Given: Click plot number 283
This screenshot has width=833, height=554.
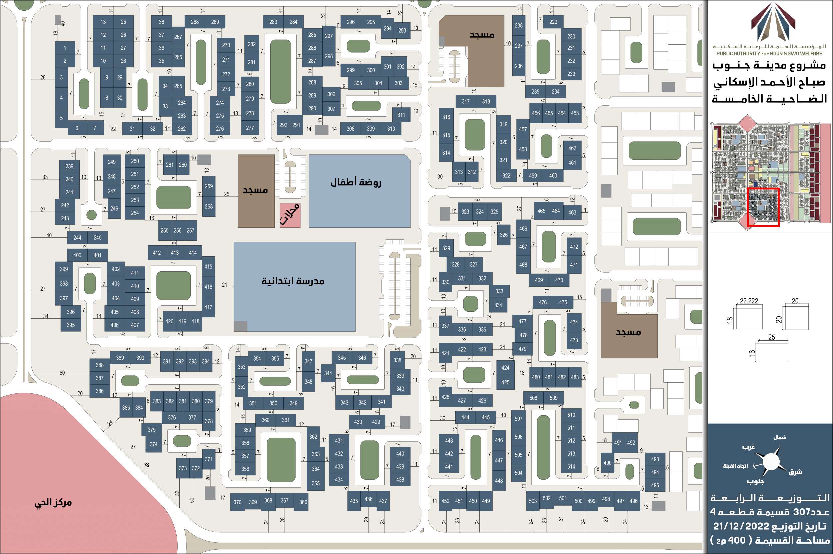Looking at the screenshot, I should point(273,22).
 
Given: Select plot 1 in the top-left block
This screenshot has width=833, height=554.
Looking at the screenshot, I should point(65,48).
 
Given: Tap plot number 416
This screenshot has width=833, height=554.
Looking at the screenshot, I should point(208,287).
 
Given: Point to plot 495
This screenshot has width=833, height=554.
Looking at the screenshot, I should point(655,485).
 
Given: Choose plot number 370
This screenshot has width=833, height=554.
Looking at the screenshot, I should point(237,502).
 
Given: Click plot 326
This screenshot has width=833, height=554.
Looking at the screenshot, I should point(504,235).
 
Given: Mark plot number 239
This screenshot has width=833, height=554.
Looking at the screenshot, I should point(69,166).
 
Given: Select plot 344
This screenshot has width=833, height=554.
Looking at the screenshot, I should point(328,373).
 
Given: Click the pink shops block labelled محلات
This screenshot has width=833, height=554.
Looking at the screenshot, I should point(290,215).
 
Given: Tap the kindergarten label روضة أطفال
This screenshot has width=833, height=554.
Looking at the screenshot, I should point(356,183).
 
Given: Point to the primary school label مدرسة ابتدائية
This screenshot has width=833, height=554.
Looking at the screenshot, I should point(293,281).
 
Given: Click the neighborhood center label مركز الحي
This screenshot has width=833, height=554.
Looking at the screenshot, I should point(53,503).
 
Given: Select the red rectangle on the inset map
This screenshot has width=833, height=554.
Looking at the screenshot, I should point(763,207).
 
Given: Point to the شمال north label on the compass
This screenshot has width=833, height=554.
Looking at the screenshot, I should point(780,437).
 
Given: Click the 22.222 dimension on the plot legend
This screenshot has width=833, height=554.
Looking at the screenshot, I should point(749,301).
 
